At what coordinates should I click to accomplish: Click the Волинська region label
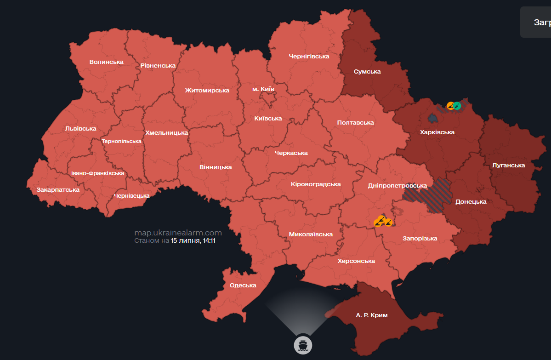coord(107,62)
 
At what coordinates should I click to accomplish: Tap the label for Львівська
coord(80,129)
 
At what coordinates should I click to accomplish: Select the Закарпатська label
coord(58,189)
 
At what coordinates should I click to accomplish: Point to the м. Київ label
coord(263,88)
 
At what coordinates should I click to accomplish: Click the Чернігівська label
coord(309,56)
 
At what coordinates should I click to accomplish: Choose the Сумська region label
coord(367,71)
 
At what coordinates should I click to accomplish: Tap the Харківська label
coord(437,132)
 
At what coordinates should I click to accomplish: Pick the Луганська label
coord(508,165)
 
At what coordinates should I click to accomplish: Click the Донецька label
coord(471,201)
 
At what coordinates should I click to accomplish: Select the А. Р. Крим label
coord(372,315)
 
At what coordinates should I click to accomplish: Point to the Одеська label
coord(243,285)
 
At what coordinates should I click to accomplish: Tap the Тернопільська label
coord(121,141)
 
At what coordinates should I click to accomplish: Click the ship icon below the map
coord(303,344)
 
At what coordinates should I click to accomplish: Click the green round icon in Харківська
coord(457,106)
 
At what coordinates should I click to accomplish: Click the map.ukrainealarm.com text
coord(178,233)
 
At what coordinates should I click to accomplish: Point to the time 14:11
coord(208,240)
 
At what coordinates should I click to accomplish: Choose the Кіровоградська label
coord(316,184)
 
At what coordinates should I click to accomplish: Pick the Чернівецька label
coord(131,196)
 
